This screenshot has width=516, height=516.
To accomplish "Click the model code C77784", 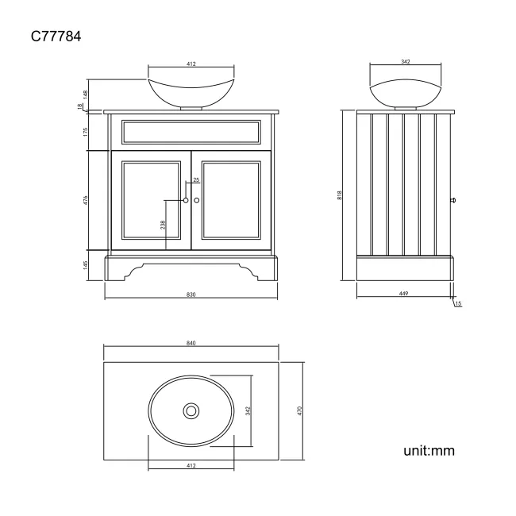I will point(56,36).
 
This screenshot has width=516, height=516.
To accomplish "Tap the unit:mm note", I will point(429,451).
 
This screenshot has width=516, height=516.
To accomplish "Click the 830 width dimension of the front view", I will point(191,295).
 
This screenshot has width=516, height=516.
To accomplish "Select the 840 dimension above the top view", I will point(191,343).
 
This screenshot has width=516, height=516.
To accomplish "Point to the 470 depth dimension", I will point(300,410).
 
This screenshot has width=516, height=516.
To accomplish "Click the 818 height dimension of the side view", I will point(340,194).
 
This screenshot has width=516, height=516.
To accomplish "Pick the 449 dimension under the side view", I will point(405,295).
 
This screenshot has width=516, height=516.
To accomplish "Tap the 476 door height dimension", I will point(86,200).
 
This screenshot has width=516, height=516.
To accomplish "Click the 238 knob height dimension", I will point(164,225).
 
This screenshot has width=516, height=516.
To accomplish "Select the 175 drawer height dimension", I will point(86,132).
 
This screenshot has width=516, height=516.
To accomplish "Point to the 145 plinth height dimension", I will point(86,265).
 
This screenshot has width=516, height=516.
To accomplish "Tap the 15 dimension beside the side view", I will point(459,305).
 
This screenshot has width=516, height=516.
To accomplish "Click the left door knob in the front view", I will point(186,201).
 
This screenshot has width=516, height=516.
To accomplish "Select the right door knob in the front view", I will point(195,201).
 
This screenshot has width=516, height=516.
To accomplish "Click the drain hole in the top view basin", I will point(191,410).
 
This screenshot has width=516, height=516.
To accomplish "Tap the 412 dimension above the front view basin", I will point(191,64).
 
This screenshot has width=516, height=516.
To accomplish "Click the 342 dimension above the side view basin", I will point(405,60).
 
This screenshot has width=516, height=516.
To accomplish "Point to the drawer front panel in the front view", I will point(191,131).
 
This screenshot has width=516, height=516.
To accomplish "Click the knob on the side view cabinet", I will point(454,200).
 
